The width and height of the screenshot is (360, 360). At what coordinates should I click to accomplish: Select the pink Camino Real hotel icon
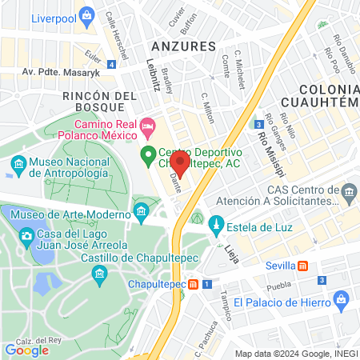tap(147, 126)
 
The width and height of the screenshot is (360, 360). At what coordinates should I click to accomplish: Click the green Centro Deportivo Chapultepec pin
tap(147, 154)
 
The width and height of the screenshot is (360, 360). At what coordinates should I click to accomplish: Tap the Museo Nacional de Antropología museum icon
tap(18, 167)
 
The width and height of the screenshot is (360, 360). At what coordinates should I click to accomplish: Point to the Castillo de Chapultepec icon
tap(99, 274)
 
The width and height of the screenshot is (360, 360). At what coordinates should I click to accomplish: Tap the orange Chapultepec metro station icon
tap(193, 284)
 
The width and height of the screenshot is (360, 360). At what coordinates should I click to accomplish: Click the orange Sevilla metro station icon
tap(302, 266)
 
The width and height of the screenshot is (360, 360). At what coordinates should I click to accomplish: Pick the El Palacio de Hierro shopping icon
tap(342, 300)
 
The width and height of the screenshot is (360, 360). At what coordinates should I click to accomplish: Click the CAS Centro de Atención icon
tap(349, 192)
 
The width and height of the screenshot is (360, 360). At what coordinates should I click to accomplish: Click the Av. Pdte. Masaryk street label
tap(59, 71)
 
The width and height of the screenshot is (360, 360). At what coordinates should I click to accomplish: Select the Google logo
tap(26, 349)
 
